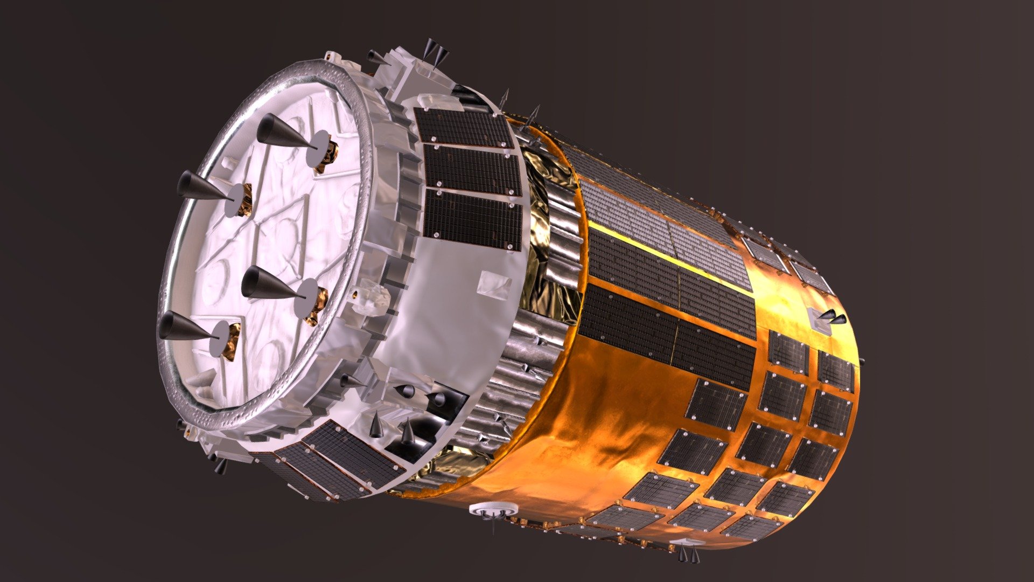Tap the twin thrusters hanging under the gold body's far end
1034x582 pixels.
click(688, 553)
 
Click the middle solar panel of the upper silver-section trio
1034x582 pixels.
click(471, 170)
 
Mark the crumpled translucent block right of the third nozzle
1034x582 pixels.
click(372, 296)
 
